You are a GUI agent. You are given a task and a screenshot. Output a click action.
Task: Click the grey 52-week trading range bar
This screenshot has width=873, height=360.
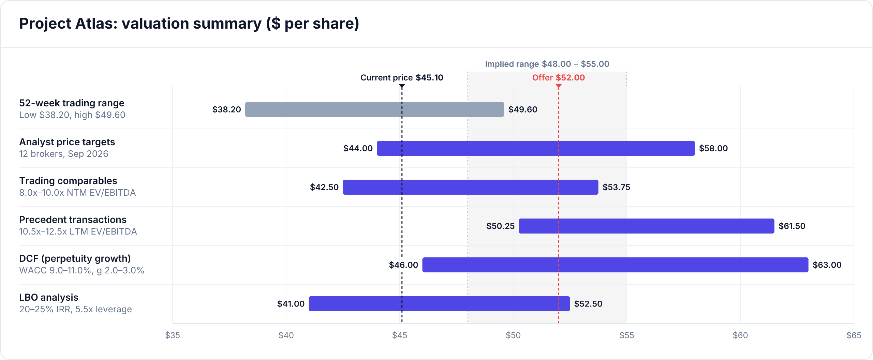coord(374,109)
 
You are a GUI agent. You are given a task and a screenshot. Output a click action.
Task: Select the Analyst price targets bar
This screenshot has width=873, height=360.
coord(536,148)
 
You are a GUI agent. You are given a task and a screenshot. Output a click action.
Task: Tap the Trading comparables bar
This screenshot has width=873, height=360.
coord(471,187)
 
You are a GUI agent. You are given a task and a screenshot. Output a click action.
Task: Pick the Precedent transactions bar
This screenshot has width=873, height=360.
coord(647,226)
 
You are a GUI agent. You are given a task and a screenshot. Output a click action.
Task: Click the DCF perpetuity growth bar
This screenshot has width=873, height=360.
coord(615,265)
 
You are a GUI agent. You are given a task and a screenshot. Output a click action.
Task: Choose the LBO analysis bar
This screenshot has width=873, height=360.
coord(439,304)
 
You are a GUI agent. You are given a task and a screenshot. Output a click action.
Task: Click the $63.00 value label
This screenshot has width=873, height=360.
coord(827,265)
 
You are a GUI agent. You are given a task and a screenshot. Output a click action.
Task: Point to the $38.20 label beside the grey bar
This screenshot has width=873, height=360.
coord(226,109)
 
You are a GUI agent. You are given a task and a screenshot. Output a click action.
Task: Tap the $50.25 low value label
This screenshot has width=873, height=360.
coord(500,226)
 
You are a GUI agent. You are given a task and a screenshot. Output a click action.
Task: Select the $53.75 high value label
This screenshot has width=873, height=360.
coord(616,187)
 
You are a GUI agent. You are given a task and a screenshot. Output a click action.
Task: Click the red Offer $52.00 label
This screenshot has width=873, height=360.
coord(559,78)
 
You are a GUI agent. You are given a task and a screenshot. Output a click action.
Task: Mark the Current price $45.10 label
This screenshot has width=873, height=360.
coord(402,78)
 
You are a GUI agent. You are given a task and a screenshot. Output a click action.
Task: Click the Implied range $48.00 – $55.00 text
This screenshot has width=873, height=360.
coord(547,64)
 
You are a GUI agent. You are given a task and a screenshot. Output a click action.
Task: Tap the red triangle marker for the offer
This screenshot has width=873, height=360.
coord(559,86)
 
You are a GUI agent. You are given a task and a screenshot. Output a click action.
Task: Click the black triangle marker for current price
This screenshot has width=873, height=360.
coord(402,86)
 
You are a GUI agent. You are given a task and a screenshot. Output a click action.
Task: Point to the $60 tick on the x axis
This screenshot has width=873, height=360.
coord(740,335)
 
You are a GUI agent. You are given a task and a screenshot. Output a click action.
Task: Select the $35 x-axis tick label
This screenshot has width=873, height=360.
coord(173,335)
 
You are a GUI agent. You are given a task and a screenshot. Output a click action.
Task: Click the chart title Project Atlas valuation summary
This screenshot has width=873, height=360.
coord(189,24)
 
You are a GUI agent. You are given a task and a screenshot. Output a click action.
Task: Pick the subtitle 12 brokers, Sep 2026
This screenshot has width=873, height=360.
coord(64,154)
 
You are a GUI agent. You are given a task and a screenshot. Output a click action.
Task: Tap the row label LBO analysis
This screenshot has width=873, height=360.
coord(49,297)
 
